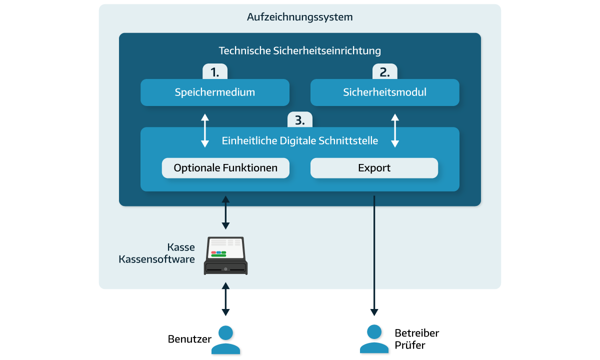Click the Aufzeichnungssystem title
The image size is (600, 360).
[x=299, y=17]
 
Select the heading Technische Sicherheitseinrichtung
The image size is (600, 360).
[x=299, y=50]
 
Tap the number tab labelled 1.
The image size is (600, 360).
[x=215, y=72]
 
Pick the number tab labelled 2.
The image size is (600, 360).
[x=384, y=72]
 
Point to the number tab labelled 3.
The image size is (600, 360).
[x=299, y=120]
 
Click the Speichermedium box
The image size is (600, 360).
[x=215, y=92]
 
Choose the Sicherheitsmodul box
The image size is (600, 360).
[x=384, y=92]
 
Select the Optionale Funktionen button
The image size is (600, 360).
[x=225, y=168]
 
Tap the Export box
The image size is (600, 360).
[x=374, y=168]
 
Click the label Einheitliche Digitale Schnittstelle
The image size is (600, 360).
[x=299, y=141]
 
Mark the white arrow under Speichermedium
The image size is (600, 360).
[x=204, y=130]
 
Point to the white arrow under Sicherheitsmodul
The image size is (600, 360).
[x=395, y=130]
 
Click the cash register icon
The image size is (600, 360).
[x=225, y=256]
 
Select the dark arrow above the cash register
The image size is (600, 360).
[x=225, y=212]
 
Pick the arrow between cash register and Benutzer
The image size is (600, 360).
[x=225, y=299]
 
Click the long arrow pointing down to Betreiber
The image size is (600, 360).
[x=374, y=255]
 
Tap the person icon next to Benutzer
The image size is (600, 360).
[x=225, y=339]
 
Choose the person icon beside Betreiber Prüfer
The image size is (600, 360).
[x=374, y=339]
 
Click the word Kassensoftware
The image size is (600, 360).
[x=156, y=259]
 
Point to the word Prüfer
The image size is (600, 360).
[x=410, y=345]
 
